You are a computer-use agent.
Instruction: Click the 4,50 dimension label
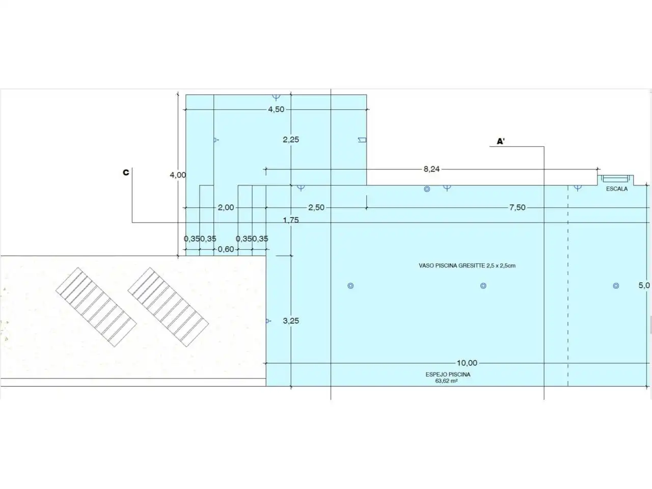pyautogui.click(x=276, y=109)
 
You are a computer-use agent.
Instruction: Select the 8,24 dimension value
pyautogui.click(x=431, y=169)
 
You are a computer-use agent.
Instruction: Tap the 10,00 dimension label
pyautogui.click(x=467, y=363)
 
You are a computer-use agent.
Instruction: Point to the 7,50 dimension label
pyautogui.click(x=518, y=207)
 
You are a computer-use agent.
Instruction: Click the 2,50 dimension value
pyautogui.click(x=316, y=207)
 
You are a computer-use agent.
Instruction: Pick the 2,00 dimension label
pyautogui.click(x=226, y=207)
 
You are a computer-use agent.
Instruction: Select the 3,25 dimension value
pyautogui.click(x=291, y=321)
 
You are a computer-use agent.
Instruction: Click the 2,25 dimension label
pyautogui.click(x=291, y=140)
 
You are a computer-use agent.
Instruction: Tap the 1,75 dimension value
pyautogui.click(x=291, y=220)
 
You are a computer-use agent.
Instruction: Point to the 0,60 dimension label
pyautogui.click(x=226, y=249)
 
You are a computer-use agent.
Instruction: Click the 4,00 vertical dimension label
pyautogui.click(x=178, y=175)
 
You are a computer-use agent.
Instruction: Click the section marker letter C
pyautogui.click(x=126, y=173)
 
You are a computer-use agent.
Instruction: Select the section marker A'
pyautogui.click(x=501, y=141)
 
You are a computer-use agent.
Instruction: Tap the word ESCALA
pyautogui.click(x=617, y=189)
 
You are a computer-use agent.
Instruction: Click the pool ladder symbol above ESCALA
pyautogui.click(x=615, y=179)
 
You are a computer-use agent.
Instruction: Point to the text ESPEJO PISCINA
pyautogui.click(x=448, y=374)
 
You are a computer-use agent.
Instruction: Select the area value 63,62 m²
pyautogui.click(x=446, y=381)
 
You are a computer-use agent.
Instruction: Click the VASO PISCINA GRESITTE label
pyautogui.click(x=467, y=265)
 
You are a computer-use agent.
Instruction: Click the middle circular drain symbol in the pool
pyautogui.click(x=483, y=286)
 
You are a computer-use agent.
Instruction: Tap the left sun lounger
pyautogui.click(x=96, y=307)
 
